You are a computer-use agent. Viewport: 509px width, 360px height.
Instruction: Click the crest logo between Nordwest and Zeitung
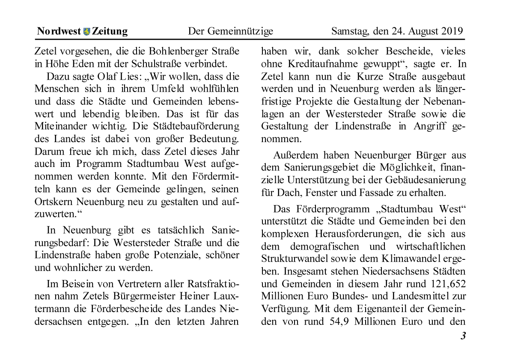coord(86,32)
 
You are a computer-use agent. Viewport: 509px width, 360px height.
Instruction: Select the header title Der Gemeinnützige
coord(230,32)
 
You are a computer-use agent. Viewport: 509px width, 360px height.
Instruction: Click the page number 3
coord(463,336)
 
